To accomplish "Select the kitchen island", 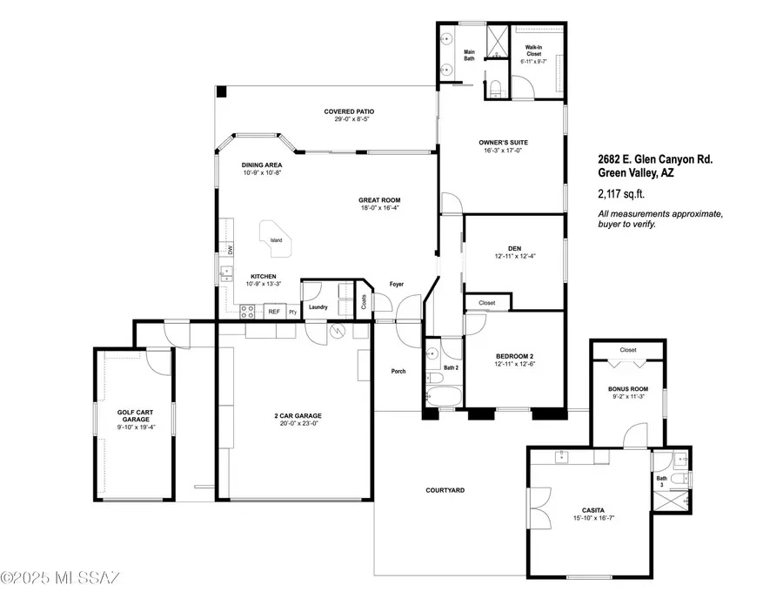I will (x=277, y=241).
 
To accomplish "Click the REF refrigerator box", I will (x=273, y=311).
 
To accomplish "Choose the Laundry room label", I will (x=318, y=306).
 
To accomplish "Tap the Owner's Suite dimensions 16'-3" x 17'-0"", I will (x=504, y=151).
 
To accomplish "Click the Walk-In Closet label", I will (x=534, y=52).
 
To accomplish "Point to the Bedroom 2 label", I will (x=513, y=356).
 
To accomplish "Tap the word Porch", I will (x=398, y=372).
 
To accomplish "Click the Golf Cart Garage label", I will (x=133, y=416).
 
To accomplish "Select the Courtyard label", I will (x=445, y=490).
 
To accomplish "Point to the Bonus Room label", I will (x=627, y=390).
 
